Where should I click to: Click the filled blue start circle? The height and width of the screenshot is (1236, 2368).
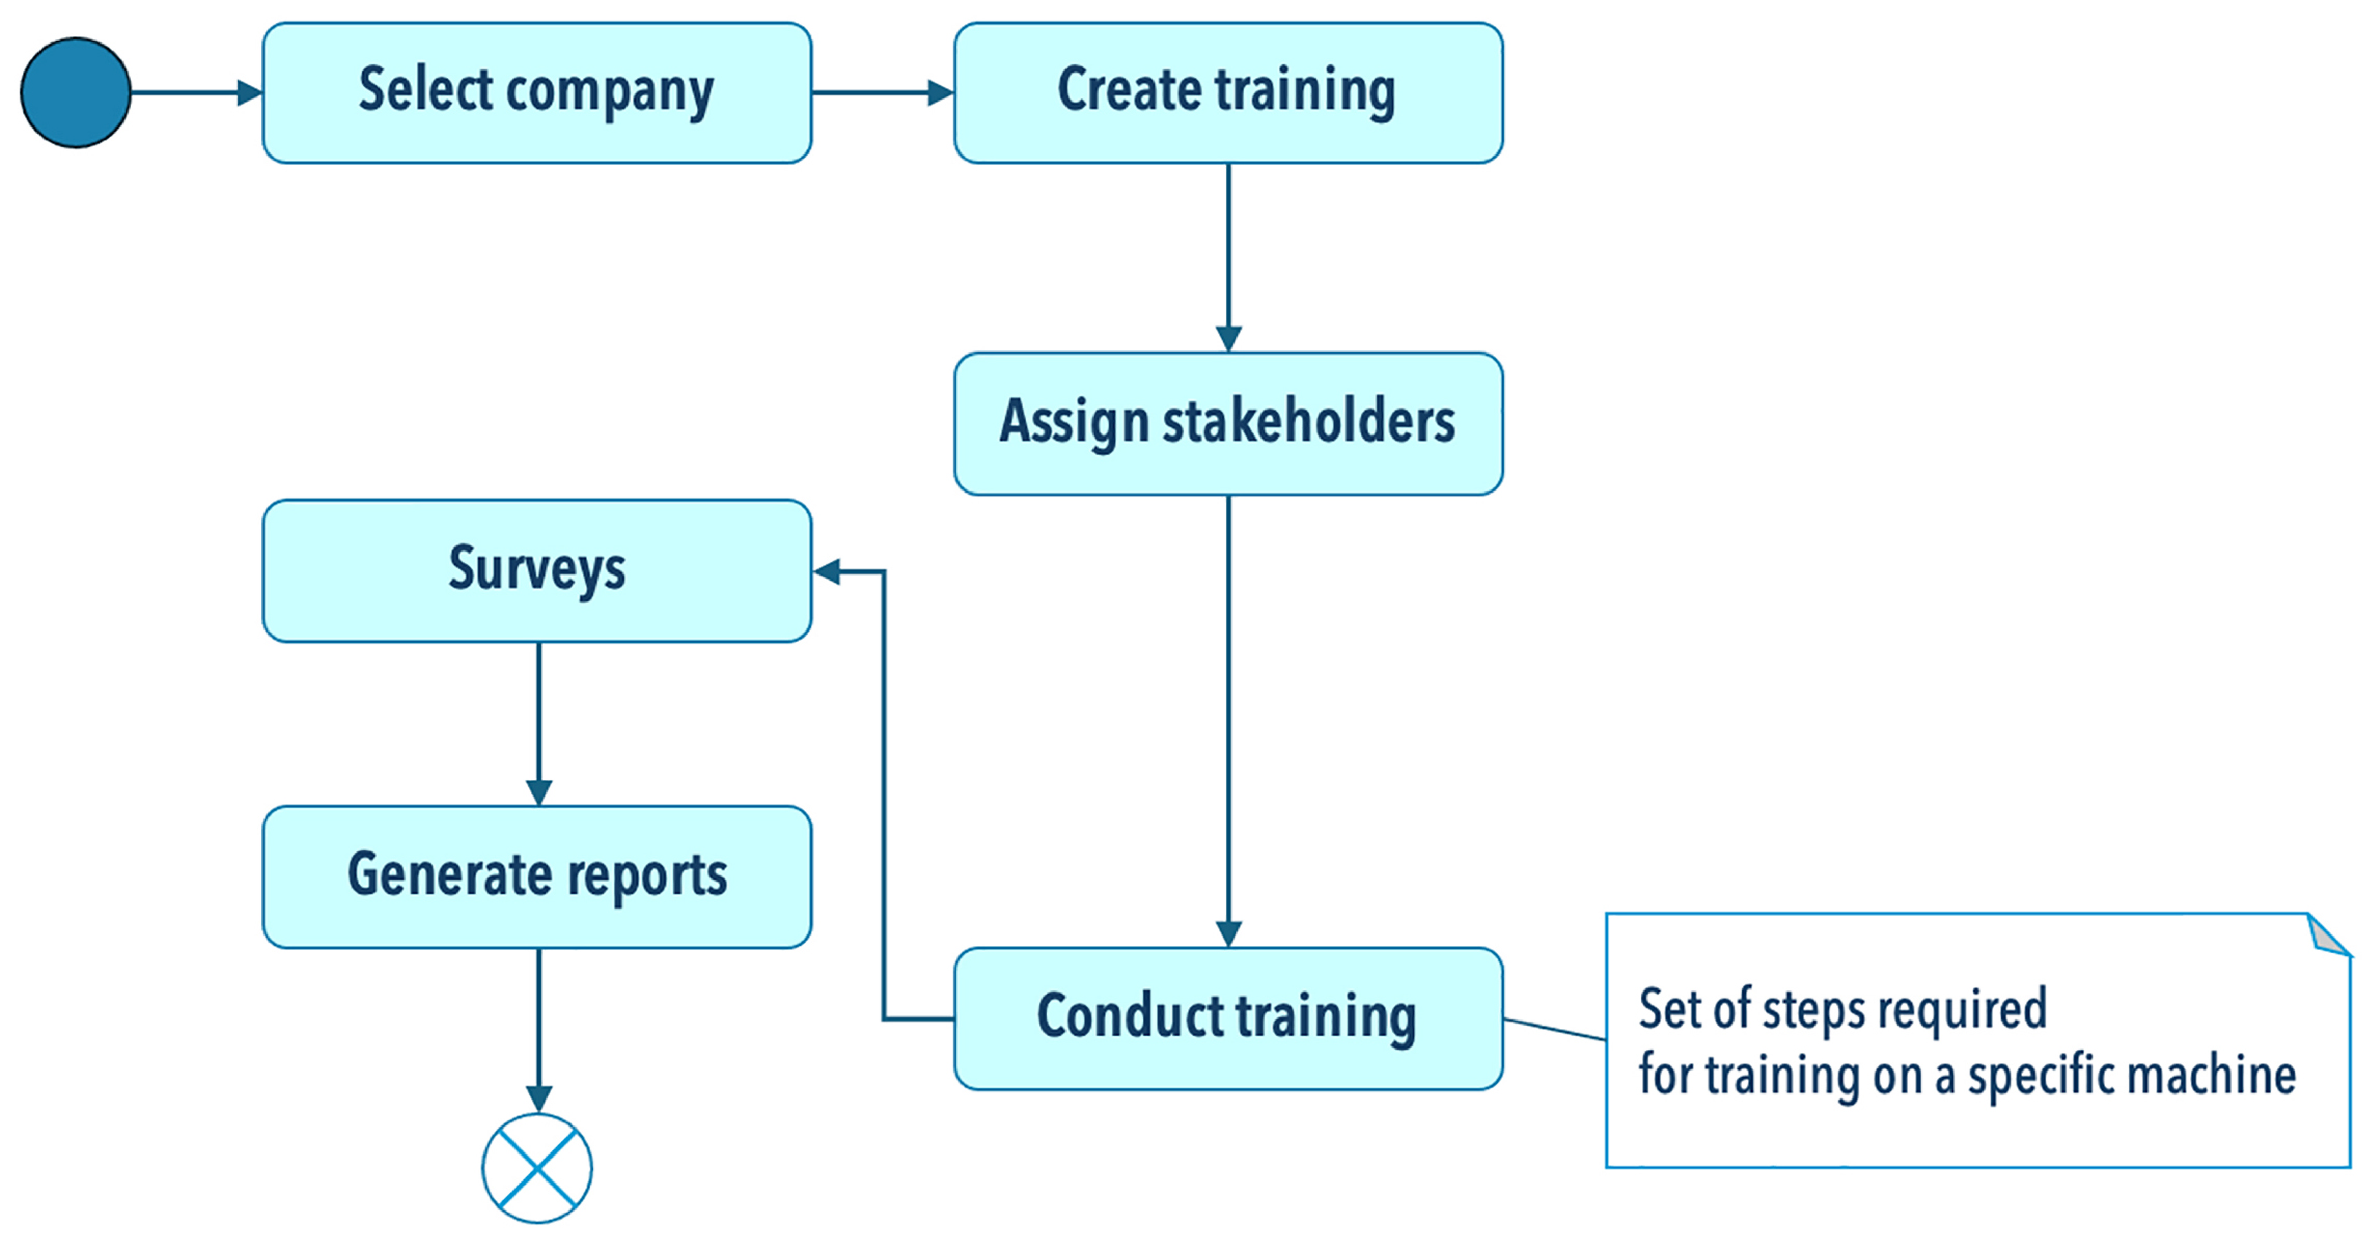pos(75,93)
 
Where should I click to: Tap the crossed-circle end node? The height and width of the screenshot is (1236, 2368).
pos(538,1168)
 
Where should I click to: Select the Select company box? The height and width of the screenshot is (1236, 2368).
pos(537,93)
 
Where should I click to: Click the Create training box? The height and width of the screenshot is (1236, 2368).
pos(1228,93)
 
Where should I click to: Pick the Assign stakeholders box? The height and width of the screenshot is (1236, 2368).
pos(1228,424)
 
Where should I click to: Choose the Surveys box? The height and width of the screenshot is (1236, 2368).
pos(537,571)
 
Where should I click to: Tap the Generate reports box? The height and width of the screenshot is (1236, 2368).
pos(537,877)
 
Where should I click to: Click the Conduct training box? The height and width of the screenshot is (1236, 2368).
pos(1228,1018)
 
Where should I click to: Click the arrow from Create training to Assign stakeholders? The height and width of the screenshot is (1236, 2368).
pos(1228,257)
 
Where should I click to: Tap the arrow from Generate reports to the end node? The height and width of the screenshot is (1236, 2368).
pos(539,1029)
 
